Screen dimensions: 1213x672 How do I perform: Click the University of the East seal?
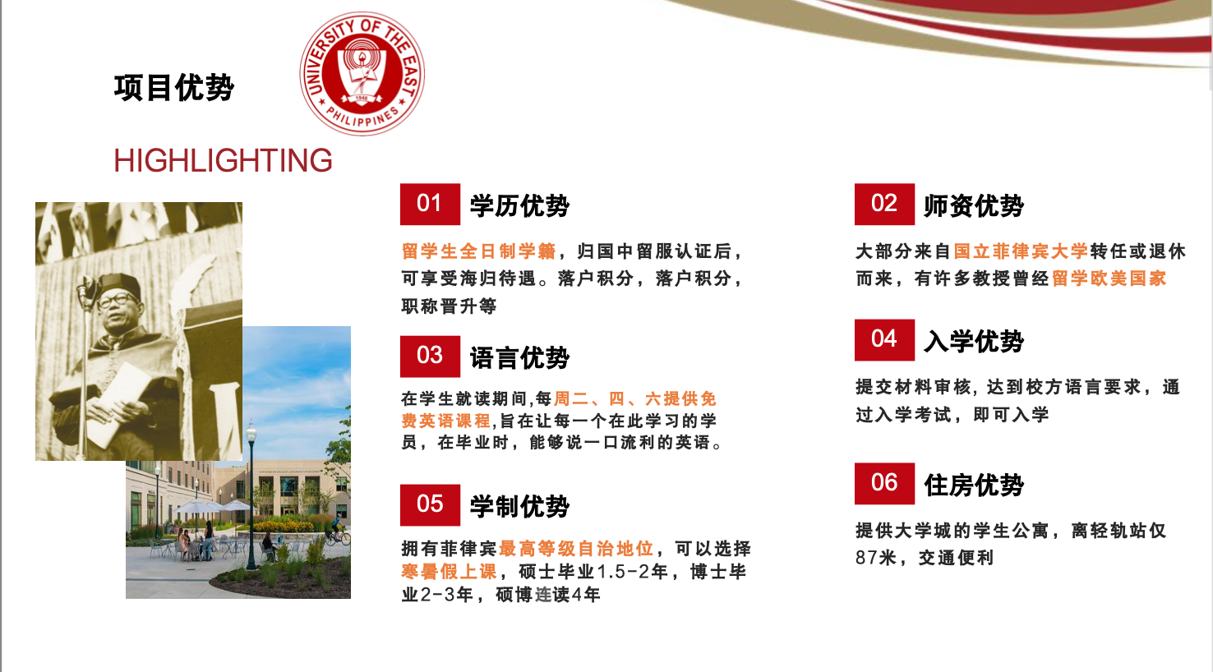362,74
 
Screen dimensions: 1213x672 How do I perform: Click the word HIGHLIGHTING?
223,161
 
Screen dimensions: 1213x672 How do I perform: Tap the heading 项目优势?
174,88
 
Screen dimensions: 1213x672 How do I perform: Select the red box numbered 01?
430,204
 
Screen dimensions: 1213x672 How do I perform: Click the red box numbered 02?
884,204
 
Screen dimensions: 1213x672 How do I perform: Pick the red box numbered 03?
430,357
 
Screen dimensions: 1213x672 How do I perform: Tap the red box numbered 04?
884,340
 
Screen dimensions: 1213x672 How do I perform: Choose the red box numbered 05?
430,505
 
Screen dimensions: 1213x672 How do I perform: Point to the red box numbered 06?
884,484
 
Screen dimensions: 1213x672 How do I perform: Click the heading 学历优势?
519,205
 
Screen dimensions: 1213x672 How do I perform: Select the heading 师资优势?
974,205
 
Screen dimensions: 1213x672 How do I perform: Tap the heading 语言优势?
519,358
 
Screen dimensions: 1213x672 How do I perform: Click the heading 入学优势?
974,342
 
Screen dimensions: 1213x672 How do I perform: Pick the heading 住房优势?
974,486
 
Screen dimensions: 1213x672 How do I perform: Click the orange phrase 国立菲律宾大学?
1021,251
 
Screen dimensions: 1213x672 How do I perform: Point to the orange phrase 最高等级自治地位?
576,549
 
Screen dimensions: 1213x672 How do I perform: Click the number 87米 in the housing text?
875,557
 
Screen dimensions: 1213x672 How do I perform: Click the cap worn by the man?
119,283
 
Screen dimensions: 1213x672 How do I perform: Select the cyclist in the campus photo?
338,529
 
